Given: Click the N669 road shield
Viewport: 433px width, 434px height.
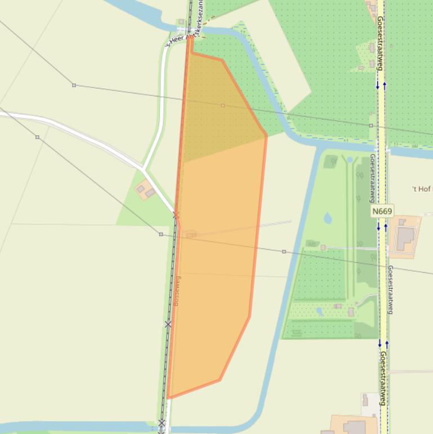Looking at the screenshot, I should pos(382,211).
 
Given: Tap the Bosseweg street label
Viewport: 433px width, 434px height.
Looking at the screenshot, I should pos(177,291).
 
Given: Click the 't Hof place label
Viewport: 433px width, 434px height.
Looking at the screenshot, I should pos(422,189).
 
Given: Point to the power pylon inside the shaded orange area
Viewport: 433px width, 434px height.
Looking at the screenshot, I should pos(222,105).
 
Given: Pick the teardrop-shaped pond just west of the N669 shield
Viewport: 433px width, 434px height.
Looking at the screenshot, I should pos(328,218).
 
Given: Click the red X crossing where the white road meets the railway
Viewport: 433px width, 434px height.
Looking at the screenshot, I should pos(176,215).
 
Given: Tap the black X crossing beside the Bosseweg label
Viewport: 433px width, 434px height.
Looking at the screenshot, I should pos(168,324).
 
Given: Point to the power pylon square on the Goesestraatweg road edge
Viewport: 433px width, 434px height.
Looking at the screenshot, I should pos(371,125).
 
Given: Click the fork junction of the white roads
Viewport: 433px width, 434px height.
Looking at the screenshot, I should pos(145,169).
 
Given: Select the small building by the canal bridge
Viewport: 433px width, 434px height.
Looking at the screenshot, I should pos(181,22).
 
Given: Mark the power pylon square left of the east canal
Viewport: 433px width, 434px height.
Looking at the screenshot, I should pos(284,251).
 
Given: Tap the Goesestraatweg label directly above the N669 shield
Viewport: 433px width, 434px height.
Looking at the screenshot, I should pos(372,178).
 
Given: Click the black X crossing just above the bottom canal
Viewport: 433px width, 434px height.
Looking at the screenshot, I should pos(162,423).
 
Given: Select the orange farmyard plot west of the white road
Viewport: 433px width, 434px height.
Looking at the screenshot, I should pos(145,191).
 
